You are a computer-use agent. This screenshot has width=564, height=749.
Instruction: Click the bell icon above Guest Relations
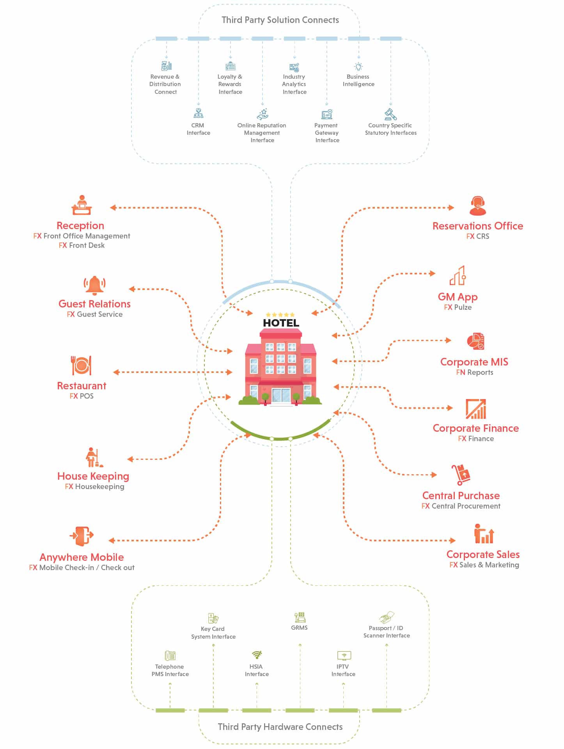[x=94, y=284]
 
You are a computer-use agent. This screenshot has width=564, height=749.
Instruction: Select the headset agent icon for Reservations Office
[x=477, y=206]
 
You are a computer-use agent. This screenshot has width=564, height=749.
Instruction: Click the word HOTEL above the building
[x=281, y=323]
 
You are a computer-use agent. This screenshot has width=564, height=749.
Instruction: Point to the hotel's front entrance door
[x=281, y=395]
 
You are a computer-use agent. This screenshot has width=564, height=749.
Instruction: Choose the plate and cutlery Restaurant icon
[x=81, y=366]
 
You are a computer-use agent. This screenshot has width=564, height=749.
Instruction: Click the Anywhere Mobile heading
[x=82, y=557]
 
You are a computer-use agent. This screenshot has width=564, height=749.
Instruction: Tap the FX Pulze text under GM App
[x=458, y=307]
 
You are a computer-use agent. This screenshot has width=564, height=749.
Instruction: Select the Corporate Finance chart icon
[x=476, y=409]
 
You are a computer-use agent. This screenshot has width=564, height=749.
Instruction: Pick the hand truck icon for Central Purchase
[x=461, y=475]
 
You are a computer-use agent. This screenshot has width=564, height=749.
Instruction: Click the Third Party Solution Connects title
[x=280, y=20]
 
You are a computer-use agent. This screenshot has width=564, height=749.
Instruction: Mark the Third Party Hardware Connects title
[x=280, y=727]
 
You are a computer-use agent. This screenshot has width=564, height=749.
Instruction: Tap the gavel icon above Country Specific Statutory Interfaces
[x=390, y=114]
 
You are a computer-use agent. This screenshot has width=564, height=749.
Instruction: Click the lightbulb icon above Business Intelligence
[x=358, y=67]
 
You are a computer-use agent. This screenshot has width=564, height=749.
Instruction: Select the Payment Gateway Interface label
[x=327, y=133]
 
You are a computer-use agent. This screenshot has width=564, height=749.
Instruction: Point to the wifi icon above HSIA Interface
[x=257, y=655]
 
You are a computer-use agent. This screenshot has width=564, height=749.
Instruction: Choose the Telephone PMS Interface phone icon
[x=170, y=655]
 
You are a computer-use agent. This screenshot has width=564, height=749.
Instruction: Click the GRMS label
[x=299, y=628]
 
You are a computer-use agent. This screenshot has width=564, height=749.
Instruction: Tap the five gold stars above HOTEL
[x=280, y=314]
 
